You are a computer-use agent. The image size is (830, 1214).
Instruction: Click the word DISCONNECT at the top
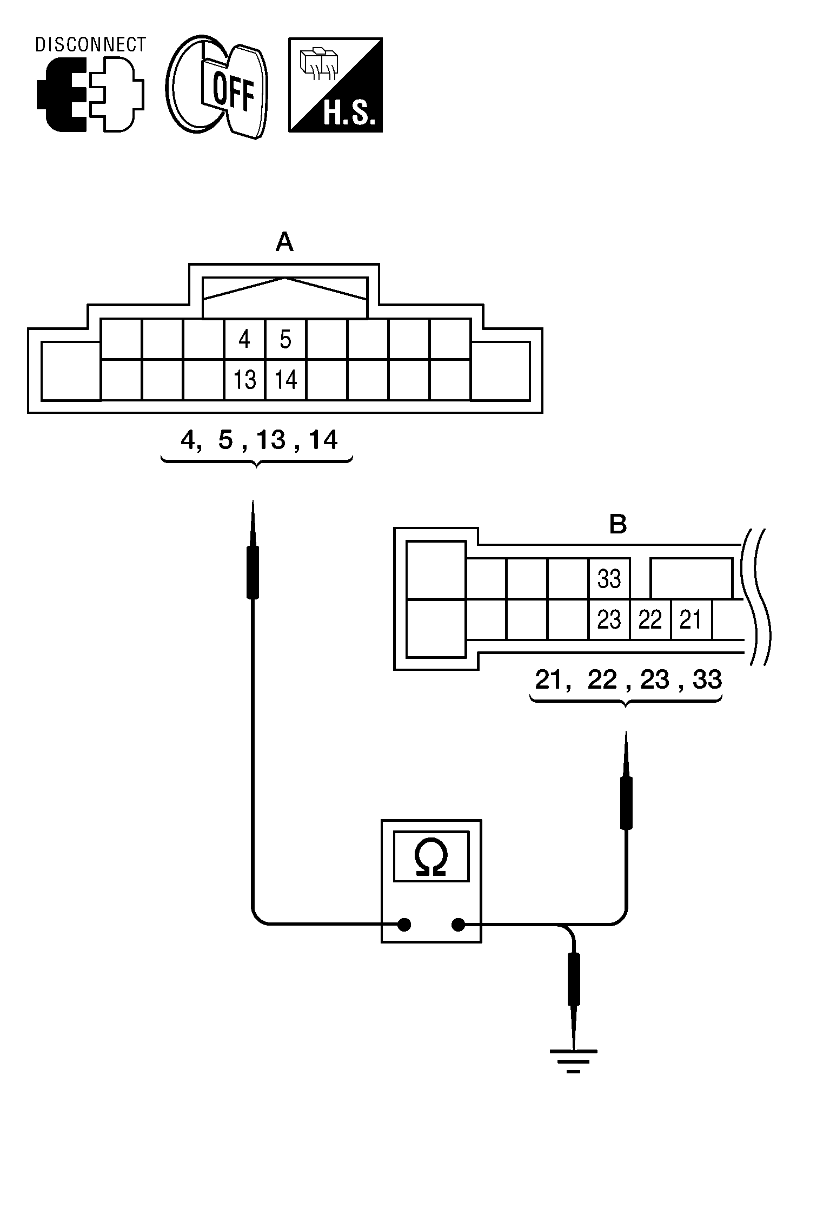(x=90, y=44)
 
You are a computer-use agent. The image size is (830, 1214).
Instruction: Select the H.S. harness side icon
(x=335, y=85)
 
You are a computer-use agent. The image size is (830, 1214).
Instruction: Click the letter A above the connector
(x=284, y=242)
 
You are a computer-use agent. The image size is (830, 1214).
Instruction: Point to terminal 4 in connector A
(x=244, y=339)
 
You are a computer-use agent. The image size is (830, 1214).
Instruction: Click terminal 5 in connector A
(x=285, y=339)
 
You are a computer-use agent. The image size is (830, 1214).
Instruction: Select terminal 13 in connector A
(x=244, y=380)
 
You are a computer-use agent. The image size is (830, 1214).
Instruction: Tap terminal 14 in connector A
(x=285, y=380)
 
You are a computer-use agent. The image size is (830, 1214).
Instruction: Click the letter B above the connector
(x=617, y=524)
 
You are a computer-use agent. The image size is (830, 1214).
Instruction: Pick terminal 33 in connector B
(x=609, y=579)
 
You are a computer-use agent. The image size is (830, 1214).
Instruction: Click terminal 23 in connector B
(x=609, y=619)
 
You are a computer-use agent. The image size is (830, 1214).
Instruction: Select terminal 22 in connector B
(x=650, y=619)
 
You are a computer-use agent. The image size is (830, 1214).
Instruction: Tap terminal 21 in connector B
(x=690, y=619)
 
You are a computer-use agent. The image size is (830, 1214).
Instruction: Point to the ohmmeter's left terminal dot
(x=403, y=925)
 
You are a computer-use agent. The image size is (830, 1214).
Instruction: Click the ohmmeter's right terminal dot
(x=458, y=925)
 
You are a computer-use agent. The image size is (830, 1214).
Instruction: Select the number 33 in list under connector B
(x=707, y=679)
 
